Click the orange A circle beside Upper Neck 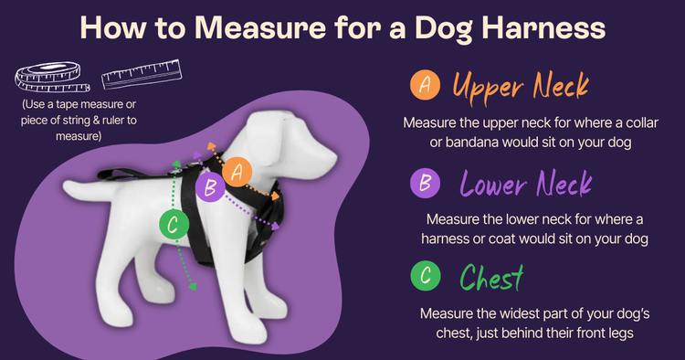(424, 85)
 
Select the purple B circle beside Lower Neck (424, 183)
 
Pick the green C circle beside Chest (424, 275)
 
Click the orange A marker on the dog (237, 171)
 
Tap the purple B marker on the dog (209, 189)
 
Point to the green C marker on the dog (173, 224)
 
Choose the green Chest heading (492, 276)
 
